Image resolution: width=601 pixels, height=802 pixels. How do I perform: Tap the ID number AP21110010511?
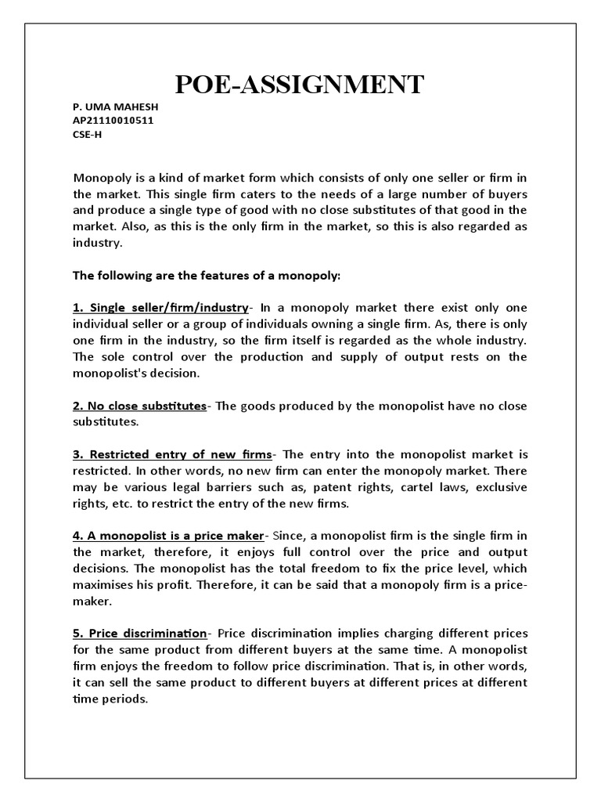(113, 120)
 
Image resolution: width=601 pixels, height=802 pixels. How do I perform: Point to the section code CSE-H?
(87, 134)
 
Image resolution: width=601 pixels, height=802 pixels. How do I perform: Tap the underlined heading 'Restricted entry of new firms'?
(172, 454)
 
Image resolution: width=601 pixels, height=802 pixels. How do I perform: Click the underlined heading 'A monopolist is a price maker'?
(168, 536)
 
